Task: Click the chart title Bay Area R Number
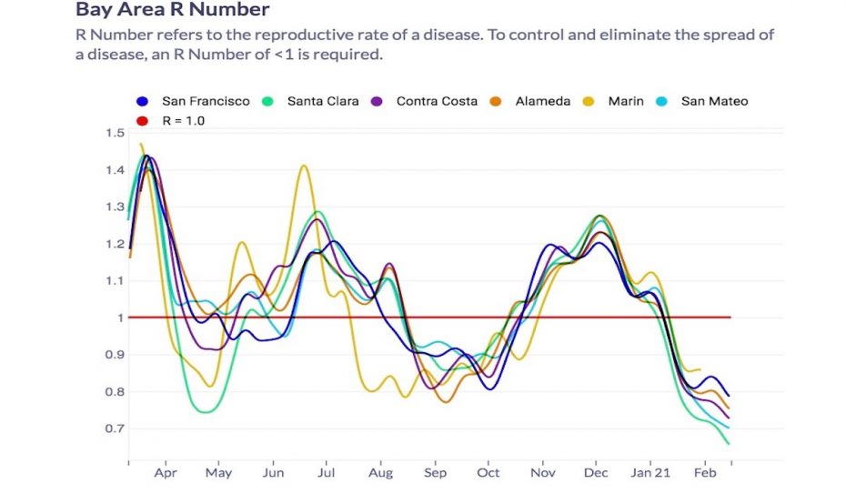172,11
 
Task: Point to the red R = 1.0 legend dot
142,120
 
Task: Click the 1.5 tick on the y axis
115,133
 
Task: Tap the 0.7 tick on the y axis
115,428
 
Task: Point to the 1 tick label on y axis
119,318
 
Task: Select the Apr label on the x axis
166,473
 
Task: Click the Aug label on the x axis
381,473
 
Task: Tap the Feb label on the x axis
705,473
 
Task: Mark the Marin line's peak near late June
304,166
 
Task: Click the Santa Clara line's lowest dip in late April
206,412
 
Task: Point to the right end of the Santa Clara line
729,443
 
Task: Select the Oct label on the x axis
488,473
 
